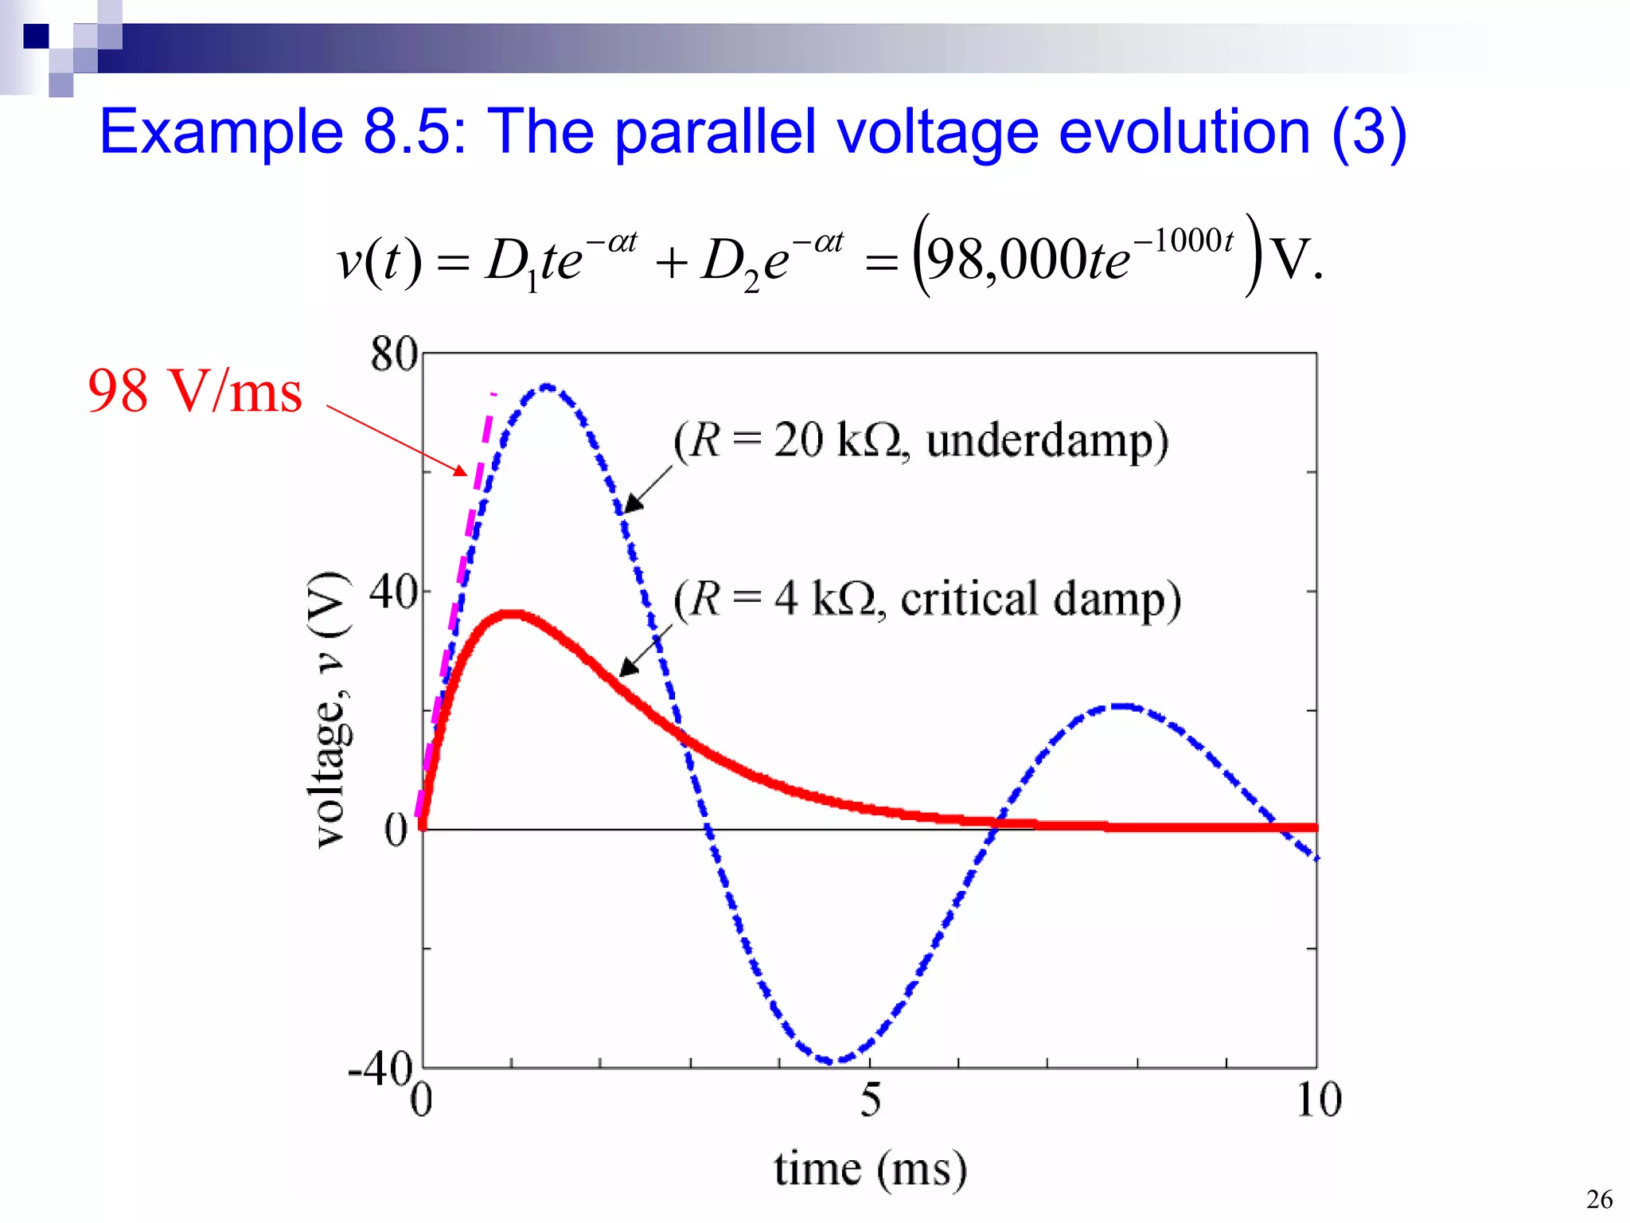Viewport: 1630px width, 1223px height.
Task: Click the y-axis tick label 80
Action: [x=393, y=354]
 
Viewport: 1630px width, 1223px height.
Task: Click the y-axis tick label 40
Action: [x=393, y=592]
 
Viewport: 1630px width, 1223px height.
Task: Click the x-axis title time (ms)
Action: [x=871, y=1169]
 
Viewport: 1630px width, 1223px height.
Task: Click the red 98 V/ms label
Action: [x=195, y=391]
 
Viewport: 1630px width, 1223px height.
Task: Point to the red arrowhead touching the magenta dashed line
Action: [x=462, y=471]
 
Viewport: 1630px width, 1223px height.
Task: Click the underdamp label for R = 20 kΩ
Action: [x=921, y=440]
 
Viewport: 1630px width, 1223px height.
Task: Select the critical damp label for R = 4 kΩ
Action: [x=927, y=599]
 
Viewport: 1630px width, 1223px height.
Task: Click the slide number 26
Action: [x=1598, y=1199]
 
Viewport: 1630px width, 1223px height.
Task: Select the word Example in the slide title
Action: [x=221, y=132]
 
